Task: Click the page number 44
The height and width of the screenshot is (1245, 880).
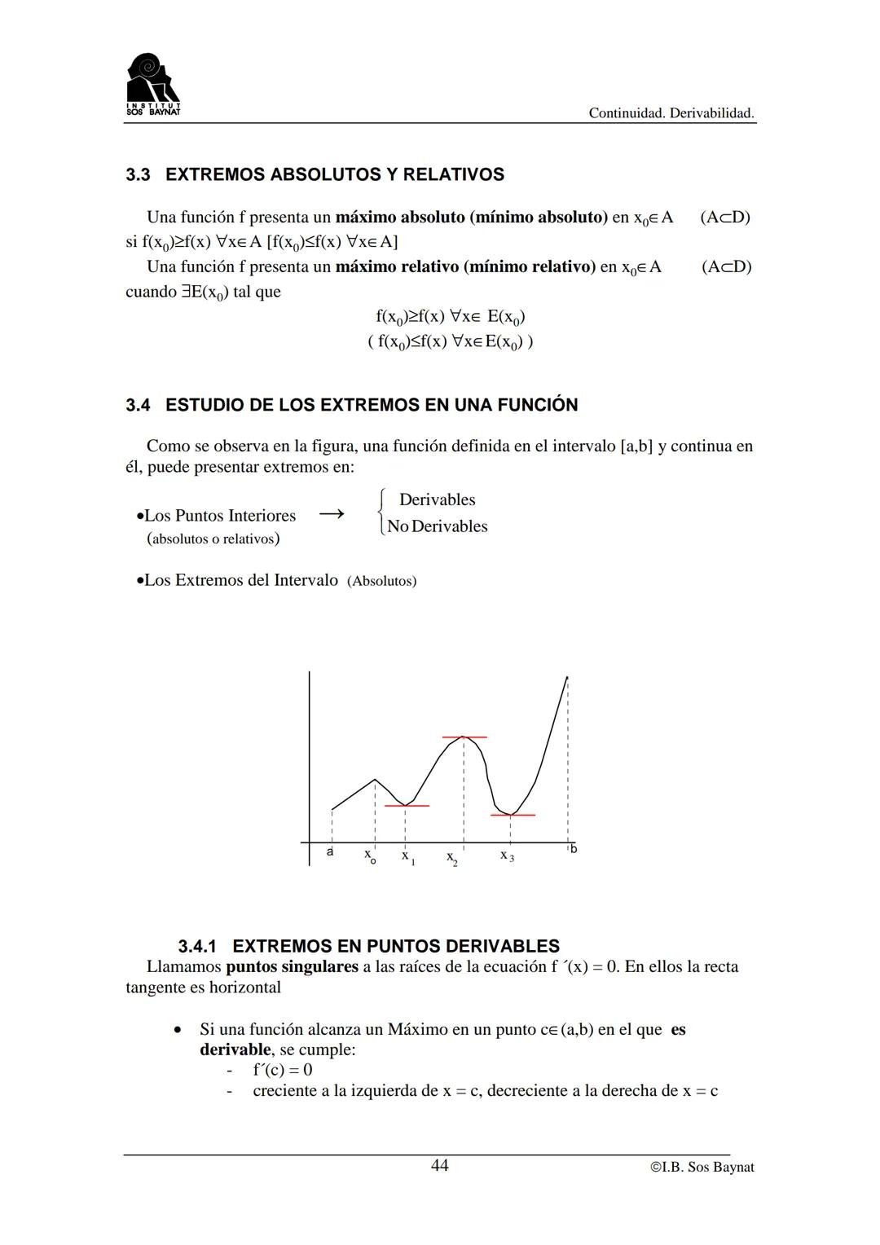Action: (439, 1165)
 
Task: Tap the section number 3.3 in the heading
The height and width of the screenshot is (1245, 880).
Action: (138, 174)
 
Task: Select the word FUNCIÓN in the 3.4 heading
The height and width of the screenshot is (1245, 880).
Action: (540, 405)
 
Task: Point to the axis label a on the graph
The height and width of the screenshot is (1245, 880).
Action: (330, 851)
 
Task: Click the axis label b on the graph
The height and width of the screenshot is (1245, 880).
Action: (574, 849)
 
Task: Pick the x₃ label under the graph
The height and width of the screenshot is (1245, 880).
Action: (507, 856)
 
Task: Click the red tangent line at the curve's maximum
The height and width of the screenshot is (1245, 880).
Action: (464, 737)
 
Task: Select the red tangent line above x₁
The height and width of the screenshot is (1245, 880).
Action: (407, 806)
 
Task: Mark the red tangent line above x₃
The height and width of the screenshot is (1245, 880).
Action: (513, 815)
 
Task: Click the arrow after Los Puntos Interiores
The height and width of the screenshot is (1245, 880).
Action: (331, 514)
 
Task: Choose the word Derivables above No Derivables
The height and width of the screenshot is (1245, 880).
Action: (437, 499)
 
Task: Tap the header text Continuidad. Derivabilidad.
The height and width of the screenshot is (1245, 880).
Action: (671, 113)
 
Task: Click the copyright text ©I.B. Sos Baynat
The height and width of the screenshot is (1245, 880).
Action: (702, 1167)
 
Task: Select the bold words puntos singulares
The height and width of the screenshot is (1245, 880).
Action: (292, 967)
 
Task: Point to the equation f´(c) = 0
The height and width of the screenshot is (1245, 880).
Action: (282, 1070)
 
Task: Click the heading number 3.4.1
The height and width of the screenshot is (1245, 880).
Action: (197, 946)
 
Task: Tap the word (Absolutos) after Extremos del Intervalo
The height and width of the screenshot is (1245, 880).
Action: (381, 581)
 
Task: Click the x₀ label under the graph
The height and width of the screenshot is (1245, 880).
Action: (370, 856)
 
